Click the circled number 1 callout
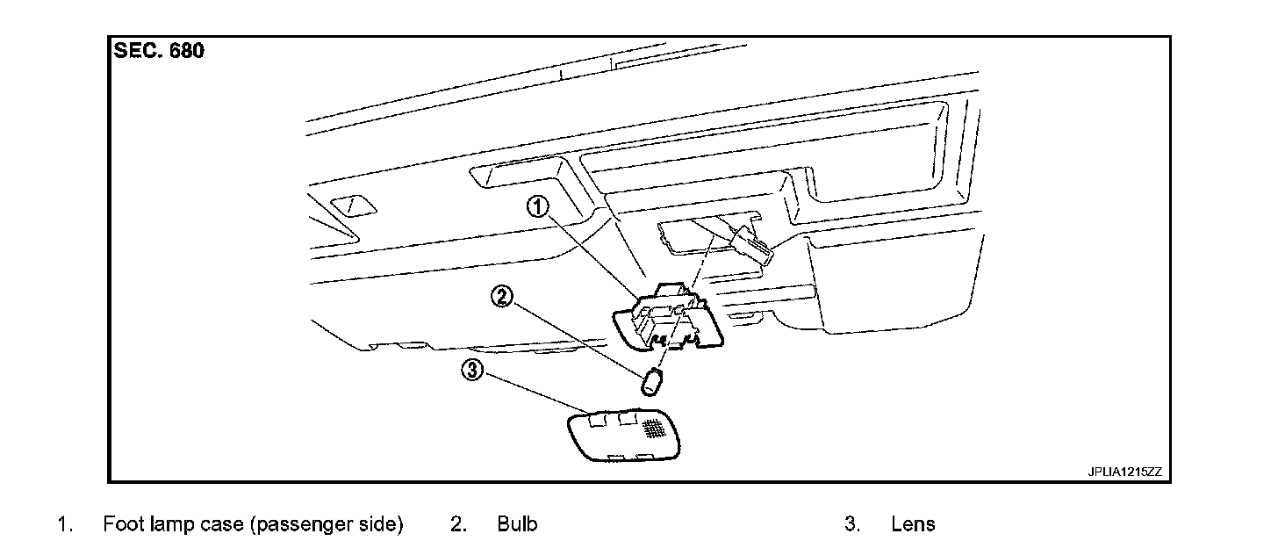tap(537, 207)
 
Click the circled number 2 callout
tap(501, 297)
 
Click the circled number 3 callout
tap(473, 371)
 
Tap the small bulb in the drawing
tap(652, 383)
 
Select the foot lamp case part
tap(672, 321)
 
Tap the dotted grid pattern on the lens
tap(653, 428)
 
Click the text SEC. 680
tap(159, 51)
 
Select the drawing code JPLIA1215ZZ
tap(1124, 472)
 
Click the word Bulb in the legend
tap(517, 525)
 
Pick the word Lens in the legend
tap(913, 525)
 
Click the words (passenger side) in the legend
tap(326, 525)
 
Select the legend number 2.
tap(457, 525)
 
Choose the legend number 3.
tap(851, 525)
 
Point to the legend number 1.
tap(63, 525)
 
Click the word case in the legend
tap(224, 525)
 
